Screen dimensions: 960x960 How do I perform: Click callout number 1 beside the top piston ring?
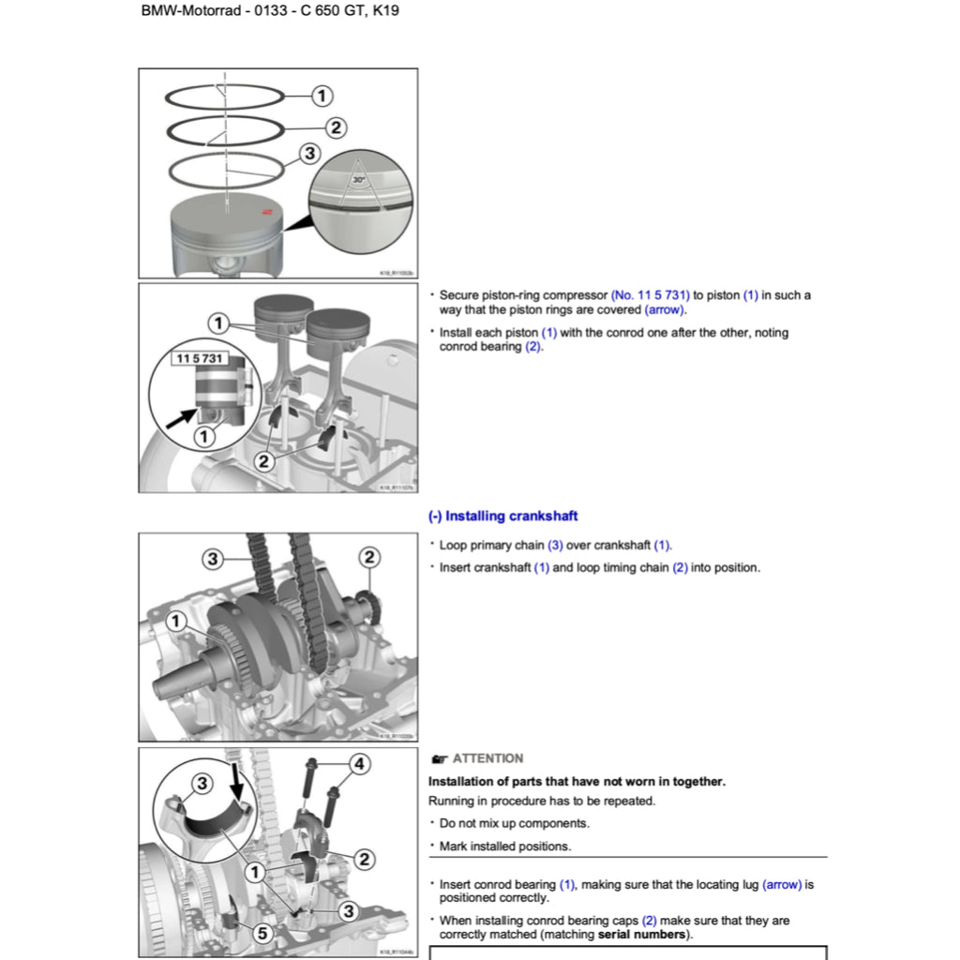click(322, 96)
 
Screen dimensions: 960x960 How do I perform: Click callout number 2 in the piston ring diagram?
click(336, 127)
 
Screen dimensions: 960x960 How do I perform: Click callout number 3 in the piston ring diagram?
click(309, 154)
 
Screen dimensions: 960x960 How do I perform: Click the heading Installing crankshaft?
click(502, 516)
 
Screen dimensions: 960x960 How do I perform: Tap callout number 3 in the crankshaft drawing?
click(213, 559)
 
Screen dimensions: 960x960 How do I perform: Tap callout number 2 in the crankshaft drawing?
click(369, 558)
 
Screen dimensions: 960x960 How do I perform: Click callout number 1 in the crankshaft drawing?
click(175, 622)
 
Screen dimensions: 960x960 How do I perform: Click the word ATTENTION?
click(487, 758)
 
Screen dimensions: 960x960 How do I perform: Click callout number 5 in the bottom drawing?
click(262, 933)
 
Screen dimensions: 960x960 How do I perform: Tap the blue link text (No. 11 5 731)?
click(650, 295)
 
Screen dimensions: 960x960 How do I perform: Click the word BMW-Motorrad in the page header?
click(186, 13)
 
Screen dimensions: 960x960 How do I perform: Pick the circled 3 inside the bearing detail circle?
click(201, 783)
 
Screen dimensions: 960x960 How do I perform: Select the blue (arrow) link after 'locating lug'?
click(782, 884)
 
